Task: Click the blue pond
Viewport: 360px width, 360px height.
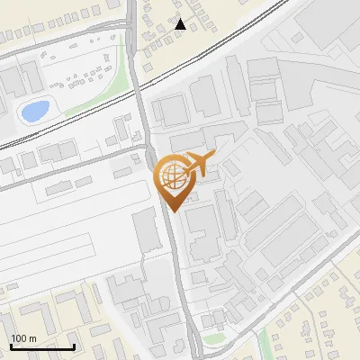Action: [34, 112]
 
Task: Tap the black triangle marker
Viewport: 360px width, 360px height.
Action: [180, 24]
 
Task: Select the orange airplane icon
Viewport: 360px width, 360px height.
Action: [197, 164]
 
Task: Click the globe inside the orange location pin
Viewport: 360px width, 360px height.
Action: [170, 176]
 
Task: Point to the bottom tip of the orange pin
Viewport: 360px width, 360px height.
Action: [172, 211]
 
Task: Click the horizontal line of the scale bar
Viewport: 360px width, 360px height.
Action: [42, 346]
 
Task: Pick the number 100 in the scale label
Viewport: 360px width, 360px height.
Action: [17, 338]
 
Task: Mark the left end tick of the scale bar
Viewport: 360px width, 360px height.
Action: [11, 345]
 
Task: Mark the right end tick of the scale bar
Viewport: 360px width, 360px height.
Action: [74, 345]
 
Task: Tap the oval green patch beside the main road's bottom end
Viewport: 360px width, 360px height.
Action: [212, 339]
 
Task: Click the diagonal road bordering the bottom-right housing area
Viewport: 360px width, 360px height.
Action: [297, 288]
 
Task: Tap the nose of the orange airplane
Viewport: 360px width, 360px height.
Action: [213, 156]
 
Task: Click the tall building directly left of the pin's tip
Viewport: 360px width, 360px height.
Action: [145, 232]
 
